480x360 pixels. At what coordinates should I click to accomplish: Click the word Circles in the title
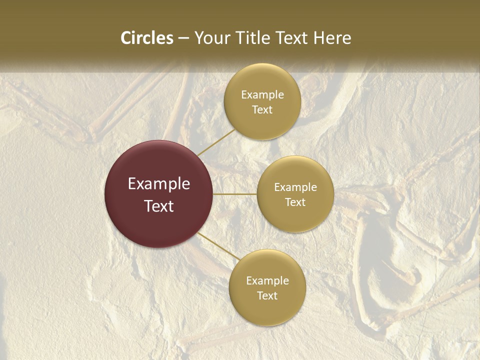146,38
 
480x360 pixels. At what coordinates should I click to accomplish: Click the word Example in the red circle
159,184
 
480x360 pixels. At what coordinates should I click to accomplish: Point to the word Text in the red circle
159,206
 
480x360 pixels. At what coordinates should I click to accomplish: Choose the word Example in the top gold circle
262,95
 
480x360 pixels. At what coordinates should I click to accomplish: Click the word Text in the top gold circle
262,110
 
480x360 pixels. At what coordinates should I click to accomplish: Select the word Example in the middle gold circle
295,187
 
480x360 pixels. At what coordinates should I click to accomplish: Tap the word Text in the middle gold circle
295,202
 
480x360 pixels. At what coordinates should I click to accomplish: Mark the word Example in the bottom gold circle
267,280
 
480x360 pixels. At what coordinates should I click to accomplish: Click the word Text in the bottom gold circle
267,295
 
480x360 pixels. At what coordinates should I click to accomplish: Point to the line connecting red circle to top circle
216,142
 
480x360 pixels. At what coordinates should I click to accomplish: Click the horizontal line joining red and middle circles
235,194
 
